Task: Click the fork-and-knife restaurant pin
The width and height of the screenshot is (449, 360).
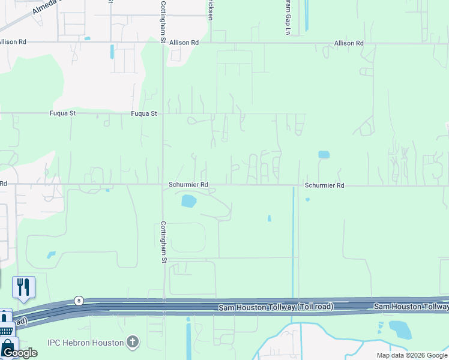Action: [x=23, y=287]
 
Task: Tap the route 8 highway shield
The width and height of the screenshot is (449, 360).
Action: [x=79, y=300]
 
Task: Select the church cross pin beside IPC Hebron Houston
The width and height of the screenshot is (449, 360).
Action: [x=133, y=343]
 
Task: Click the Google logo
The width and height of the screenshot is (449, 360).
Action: [x=19, y=352]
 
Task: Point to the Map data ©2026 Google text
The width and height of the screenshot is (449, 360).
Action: [x=412, y=355]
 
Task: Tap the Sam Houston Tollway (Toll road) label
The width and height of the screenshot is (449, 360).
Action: [x=276, y=307]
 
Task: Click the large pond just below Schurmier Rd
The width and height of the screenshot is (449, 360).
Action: [x=188, y=201]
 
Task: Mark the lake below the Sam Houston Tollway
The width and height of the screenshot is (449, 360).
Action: [x=399, y=329]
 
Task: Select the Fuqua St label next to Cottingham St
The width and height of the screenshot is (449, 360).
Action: [x=143, y=113]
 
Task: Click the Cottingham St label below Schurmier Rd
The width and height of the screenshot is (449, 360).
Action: [x=163, y=242]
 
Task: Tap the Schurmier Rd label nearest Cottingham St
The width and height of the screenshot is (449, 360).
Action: [x=188, y=185]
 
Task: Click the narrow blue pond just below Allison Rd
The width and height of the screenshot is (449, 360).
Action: [x=112, y=52]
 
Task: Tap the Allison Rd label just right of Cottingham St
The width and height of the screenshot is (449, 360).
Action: [x=184, y=43]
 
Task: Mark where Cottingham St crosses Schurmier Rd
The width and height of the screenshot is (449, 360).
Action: [x=163, y=185]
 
